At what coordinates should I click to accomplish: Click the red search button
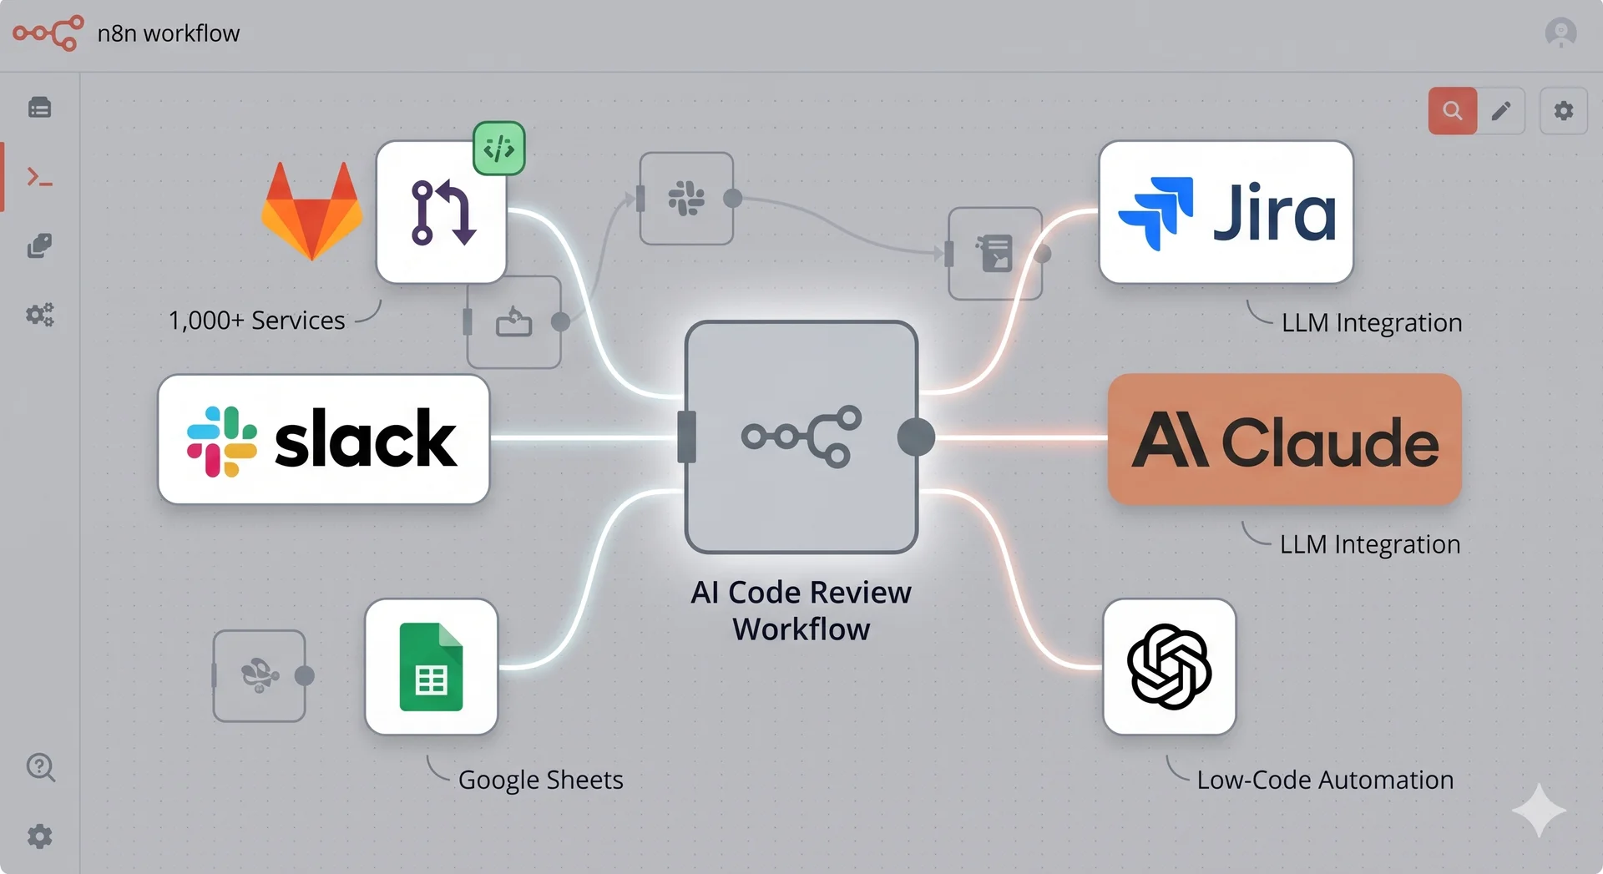(1452, 111)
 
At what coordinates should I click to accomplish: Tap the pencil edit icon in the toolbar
(1501, 111)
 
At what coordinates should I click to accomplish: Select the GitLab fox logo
(312, 210)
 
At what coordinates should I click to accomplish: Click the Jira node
(1226, 212)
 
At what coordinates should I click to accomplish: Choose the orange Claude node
(1284, 439)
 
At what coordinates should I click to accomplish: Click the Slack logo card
(323, 439)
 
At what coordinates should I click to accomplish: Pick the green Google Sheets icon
(431, 667)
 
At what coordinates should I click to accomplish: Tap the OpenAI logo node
(1169, 667)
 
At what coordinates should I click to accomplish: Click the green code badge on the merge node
(499, 149)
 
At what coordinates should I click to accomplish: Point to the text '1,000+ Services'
(256, 321)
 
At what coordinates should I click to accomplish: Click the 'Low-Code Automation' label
(1325, 780)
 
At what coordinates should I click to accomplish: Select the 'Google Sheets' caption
(540, 780)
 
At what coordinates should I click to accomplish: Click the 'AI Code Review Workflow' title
(801, 610)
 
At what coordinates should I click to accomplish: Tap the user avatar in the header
(1560, 33)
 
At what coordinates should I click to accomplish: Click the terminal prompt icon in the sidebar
(39, 177)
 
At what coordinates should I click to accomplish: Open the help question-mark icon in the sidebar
(40, 766)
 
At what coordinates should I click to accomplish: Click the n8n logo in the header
(48, 33)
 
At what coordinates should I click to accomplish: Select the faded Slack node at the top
(686, 199)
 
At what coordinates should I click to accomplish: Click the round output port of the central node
(916, 437)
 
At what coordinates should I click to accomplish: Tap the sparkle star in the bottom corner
(1538, 810)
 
